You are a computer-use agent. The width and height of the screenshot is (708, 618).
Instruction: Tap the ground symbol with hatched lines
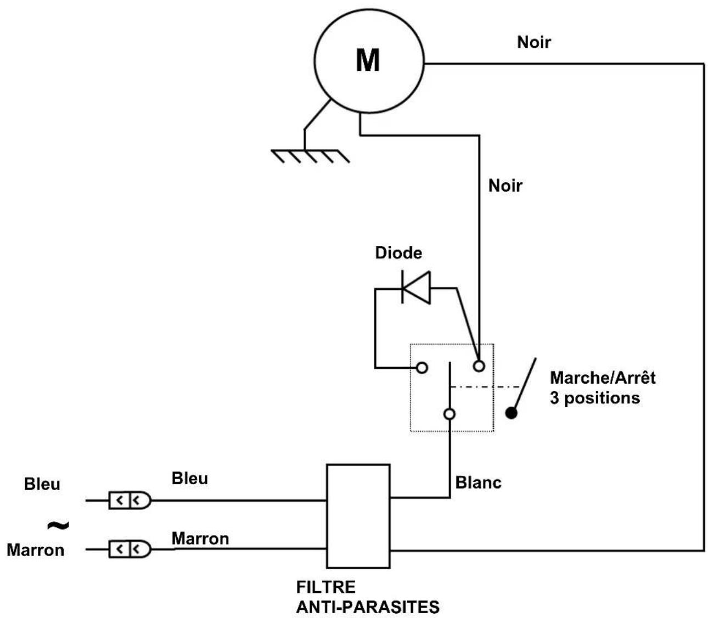[x=310, y=155]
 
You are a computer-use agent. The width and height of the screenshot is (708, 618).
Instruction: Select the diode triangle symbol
[x=415, y=288]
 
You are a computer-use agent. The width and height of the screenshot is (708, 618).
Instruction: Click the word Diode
[x=398, y=253]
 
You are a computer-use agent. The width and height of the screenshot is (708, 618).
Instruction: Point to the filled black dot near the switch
[x=511, y=413]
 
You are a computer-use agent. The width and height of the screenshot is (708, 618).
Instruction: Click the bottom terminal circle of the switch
[x=449, y=414]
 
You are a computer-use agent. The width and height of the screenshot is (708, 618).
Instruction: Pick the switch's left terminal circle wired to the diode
[x=422, y=368]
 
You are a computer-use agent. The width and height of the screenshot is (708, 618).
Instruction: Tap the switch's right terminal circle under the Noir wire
[x=479, y=366]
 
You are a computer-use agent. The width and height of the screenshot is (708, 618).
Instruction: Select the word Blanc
[x=478, y=482]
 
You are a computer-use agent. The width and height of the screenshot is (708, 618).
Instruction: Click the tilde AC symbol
[x=58, y=526]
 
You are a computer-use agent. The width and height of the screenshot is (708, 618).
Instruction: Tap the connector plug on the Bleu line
[x=130, y=500]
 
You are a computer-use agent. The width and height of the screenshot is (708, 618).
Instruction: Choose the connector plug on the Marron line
[x=130, y=549]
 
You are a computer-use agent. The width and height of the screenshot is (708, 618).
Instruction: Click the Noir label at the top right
[x=533, y=43]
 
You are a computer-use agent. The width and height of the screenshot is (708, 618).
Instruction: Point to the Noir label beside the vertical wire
[x=505, y=186]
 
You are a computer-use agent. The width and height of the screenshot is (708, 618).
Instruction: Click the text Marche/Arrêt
[x=603, y=377]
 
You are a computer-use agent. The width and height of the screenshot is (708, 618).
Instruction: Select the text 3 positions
[x=595, y=398]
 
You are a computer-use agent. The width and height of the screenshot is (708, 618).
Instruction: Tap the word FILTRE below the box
[x=325, y=587]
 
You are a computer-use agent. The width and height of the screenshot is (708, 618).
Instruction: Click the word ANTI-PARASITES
[x=368, y=607]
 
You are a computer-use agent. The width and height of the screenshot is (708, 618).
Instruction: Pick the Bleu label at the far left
[x=42, y=484]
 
